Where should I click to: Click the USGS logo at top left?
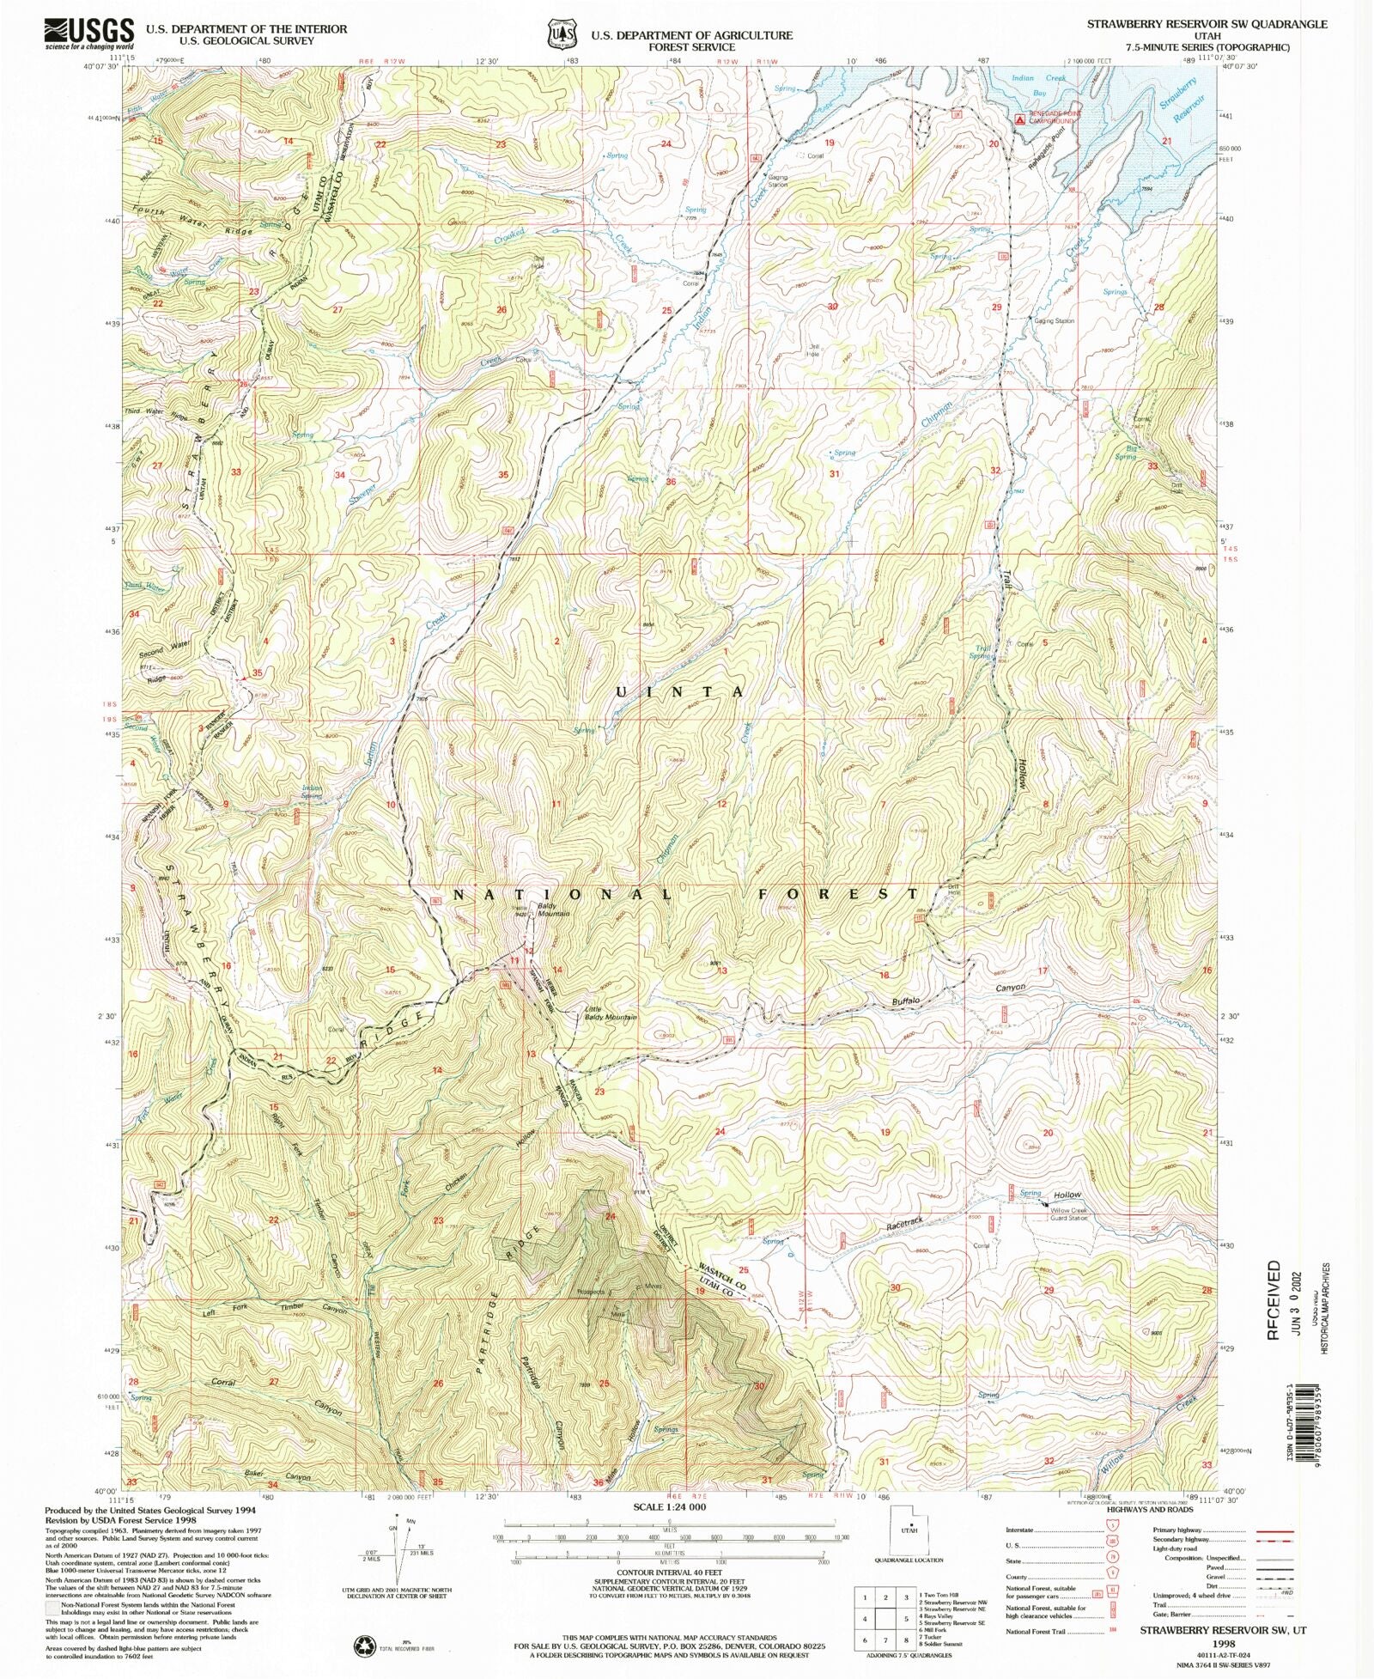tap(89, 34)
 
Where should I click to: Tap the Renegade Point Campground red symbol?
tap(1019, 119)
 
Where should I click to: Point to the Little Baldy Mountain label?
tap(611, 1013)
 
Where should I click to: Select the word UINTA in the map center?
tap(679, 691)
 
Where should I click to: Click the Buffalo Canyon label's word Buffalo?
tap(905, 1001)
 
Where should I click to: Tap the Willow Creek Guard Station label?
tap(1069, 1214)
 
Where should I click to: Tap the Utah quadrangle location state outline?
tap(909, 1530)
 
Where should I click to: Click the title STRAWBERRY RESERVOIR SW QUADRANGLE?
tap(1207, 24)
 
